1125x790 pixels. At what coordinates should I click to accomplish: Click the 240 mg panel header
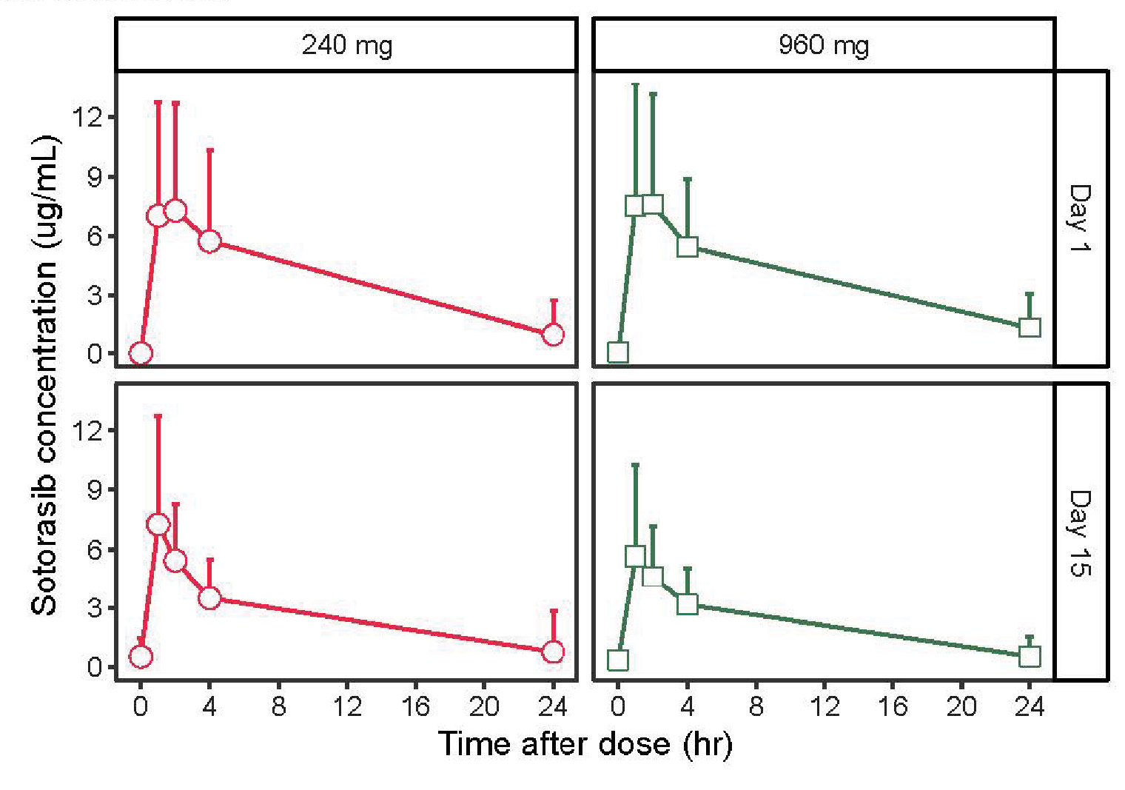pos(346,45)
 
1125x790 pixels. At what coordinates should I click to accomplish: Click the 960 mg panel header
pos(823,45)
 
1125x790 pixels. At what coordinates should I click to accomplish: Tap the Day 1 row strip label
pos(1081,218)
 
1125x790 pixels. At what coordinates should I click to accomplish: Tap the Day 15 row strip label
pos(1081,532)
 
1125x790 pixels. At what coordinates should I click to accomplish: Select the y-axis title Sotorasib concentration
pos(44,375)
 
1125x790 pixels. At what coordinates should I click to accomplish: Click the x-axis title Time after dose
pos(585,743)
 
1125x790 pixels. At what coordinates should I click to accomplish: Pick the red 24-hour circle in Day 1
pos(553,335)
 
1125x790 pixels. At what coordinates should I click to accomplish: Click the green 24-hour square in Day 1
pos(1030,327)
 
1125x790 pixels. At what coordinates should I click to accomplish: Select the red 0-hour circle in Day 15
pos(141,657)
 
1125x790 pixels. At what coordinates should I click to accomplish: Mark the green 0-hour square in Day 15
pos(618,660)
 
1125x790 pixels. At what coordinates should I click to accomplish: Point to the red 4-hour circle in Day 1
pos(209,241)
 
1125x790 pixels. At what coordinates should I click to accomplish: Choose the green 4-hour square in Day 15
pos(687,604)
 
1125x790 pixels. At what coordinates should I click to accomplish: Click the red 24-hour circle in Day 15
pos(553,652)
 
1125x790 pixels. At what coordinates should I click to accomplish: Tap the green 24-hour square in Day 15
pos(1030,656)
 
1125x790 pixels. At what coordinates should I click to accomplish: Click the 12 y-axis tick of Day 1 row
pos(87,117)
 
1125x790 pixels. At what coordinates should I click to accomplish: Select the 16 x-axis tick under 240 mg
pos(415,706)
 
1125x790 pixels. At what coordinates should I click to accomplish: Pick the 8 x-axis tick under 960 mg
pos(756,706)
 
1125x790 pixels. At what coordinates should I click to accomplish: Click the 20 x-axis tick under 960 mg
pos(961,706)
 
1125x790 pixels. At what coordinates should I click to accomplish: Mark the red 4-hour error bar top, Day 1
pos(209,150)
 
